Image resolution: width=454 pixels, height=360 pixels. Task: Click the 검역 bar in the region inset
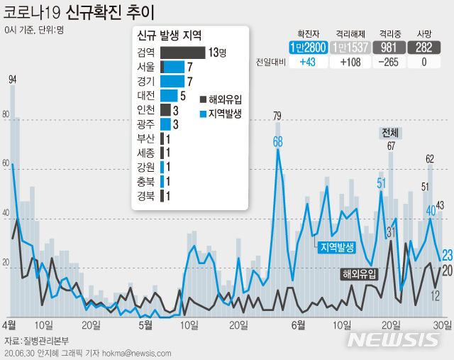coord(183,53)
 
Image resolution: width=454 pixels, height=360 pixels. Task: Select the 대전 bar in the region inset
coord(170,95)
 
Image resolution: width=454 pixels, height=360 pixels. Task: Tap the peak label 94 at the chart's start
coord(12,79)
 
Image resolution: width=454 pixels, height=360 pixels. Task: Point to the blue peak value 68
coord(278,141)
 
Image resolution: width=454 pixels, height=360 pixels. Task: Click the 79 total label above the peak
coord(277,116)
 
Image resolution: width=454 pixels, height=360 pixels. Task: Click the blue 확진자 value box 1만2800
coord(308,48)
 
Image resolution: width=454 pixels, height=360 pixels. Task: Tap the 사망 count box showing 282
coord(424,48)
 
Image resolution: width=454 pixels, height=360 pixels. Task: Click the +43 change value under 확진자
coord(308,62)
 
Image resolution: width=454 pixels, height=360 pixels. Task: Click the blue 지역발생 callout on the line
coord(337,247)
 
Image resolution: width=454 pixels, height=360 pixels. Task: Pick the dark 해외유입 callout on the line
coord(359,273)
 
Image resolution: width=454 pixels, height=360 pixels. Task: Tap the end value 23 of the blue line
coord(448,255)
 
